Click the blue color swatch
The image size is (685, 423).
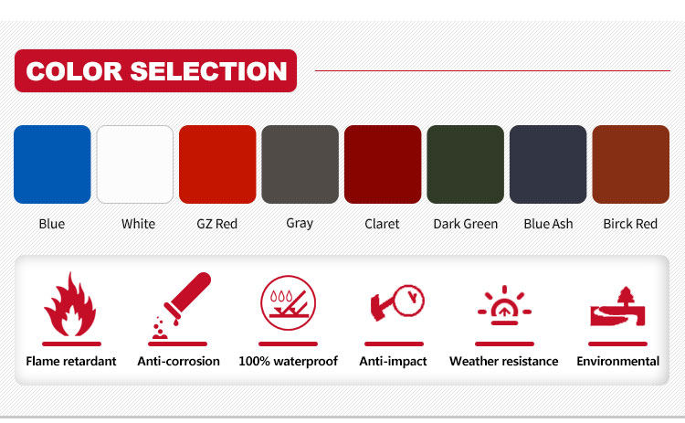click(52, 164)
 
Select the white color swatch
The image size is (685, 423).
click(135, 164)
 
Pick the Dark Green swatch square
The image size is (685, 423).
click(465, 164)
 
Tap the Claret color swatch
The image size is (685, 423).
click(383, 164)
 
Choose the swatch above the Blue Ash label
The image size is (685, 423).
click(548, 164)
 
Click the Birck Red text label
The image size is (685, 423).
click(630, 224)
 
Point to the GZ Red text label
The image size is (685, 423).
click(217, 224)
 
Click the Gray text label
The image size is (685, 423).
click(300, 223)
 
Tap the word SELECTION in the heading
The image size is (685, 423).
click(208, 70)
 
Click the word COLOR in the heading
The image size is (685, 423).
click(74, 70)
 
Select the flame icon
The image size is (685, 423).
click(70, 304)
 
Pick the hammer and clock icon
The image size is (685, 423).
click(396, 302)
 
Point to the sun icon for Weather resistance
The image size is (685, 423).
click(504, 305)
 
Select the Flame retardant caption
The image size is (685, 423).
click(71, 362)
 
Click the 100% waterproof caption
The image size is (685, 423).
click(289, 362)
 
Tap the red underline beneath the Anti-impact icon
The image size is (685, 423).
click(394, 344)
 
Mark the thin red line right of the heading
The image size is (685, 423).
click(492, 70)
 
